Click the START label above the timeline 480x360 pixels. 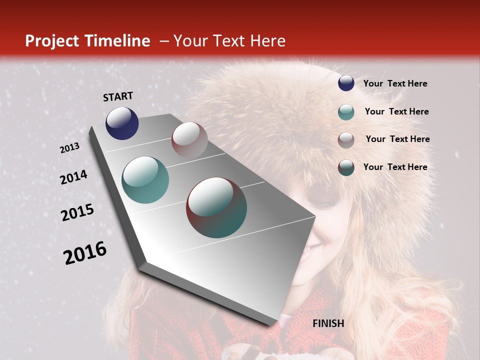coord(118,96)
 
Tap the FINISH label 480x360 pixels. coord(328,323)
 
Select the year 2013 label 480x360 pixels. coord(70,148)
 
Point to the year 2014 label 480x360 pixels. coord(73,177)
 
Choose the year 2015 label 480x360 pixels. coord(77,212)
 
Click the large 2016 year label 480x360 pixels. coord(85,253)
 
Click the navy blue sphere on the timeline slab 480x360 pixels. coord(122,123)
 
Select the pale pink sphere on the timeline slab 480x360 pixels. coord(189,140)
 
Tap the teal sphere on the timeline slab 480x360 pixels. coord(145,180)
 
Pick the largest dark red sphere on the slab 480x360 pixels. coord(216,207)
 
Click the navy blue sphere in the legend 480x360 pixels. coord(346,83)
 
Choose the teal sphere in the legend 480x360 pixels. coord(346,112)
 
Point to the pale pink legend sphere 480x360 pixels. coord(346,140)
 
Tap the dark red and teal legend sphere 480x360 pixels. coord(346,167)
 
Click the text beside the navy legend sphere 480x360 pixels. coord(395,84)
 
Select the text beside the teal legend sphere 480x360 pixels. coord(396,111)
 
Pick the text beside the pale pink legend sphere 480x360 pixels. coord(397,139)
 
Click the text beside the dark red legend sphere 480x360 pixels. coord(395,167)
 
